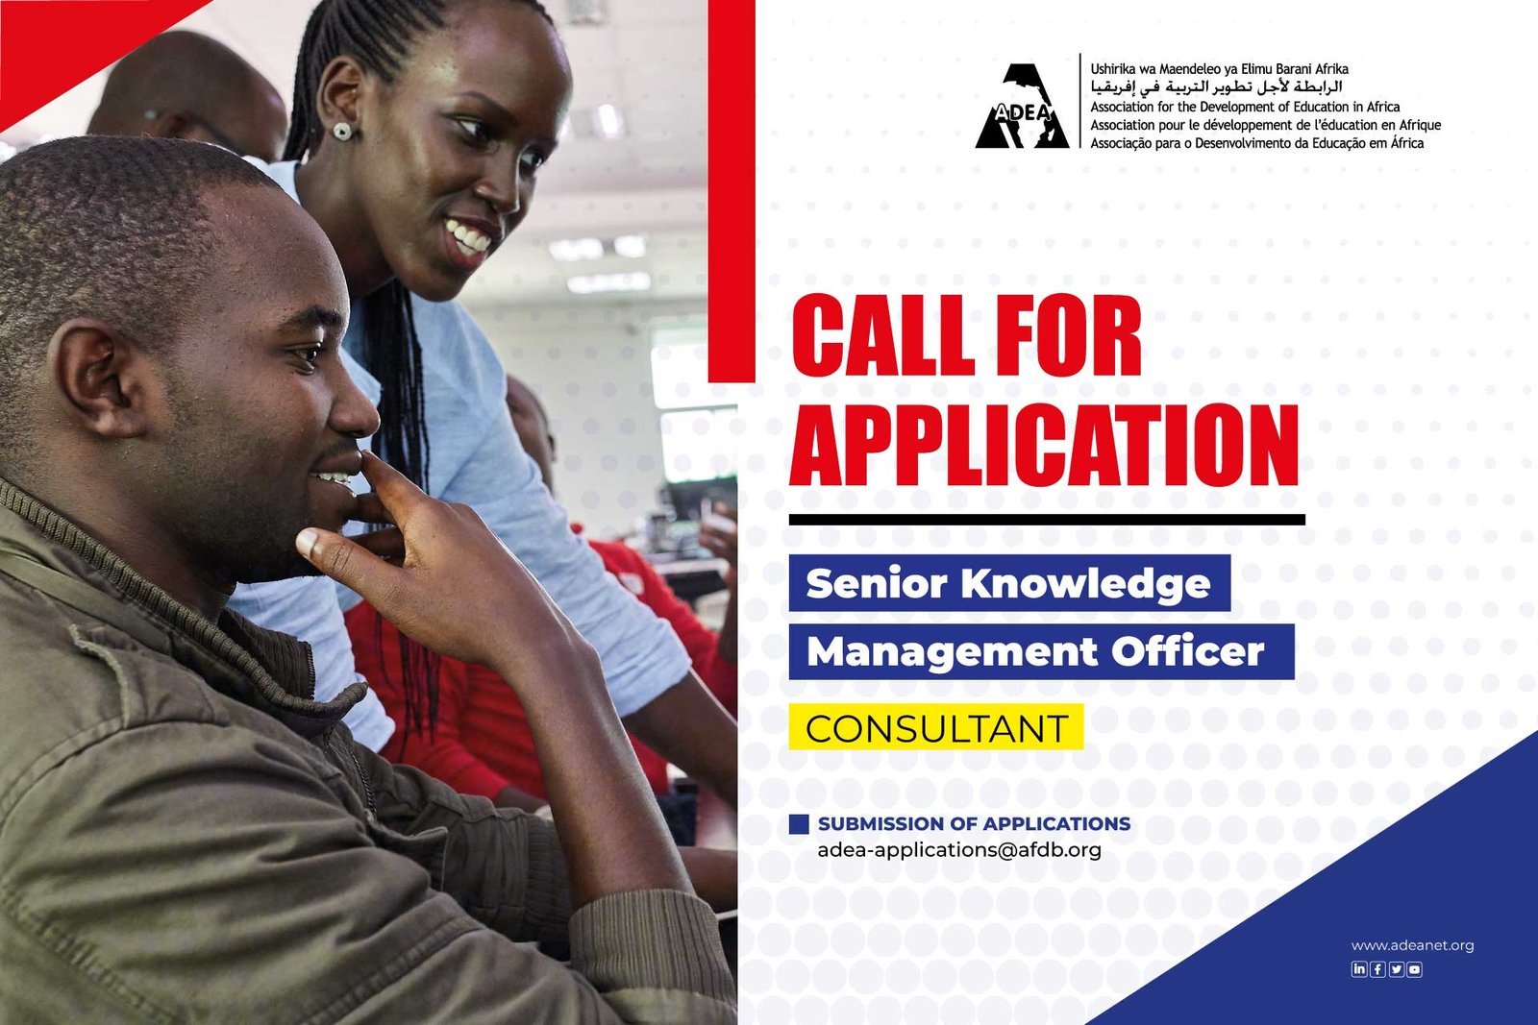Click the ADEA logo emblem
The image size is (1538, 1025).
tap(1022, 106)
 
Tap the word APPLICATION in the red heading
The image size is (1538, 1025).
tap(1044, 446)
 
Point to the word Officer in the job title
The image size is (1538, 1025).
tap(1188, 651)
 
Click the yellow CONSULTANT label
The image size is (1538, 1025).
tap(936, 727)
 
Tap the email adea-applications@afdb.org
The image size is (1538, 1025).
tap(959, 851)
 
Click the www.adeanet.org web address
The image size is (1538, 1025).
tap(1412, 945)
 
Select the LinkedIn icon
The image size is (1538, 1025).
tap(1359, 968)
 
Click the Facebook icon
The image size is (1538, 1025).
tap(1377, 968)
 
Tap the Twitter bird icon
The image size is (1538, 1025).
tap(1396, 968)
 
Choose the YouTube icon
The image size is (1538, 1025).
tap(1414, 968)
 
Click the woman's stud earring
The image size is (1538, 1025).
tap(342, 131)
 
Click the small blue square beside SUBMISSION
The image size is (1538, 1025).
tap(799, 824)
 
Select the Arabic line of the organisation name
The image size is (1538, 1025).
tap(1216, 87)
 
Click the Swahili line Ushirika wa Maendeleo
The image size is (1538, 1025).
tap(1219, 68)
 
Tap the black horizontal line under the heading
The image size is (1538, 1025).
tap(1047, 520)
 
